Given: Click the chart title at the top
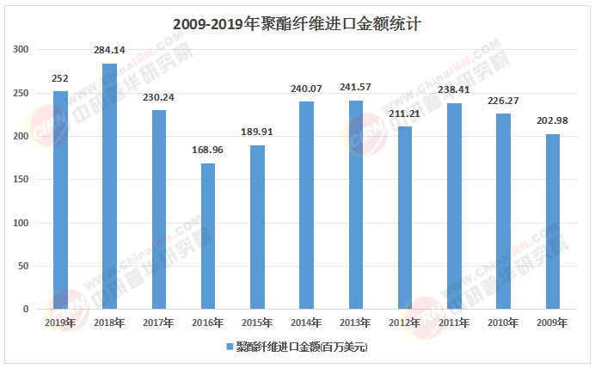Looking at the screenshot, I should [297, 23].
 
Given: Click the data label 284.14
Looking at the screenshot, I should [109, 51].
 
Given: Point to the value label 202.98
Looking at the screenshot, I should [553, 121].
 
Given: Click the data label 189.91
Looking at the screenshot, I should [257, 132].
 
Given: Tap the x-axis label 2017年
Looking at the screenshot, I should [158, 323].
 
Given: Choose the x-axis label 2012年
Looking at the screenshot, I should [405, 323].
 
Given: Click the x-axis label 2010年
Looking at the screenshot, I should [504, 323].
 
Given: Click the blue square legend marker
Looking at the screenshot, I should [229, 347].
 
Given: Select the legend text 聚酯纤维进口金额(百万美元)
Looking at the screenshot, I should [301, 347].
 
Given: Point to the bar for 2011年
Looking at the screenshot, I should [454, 206].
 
